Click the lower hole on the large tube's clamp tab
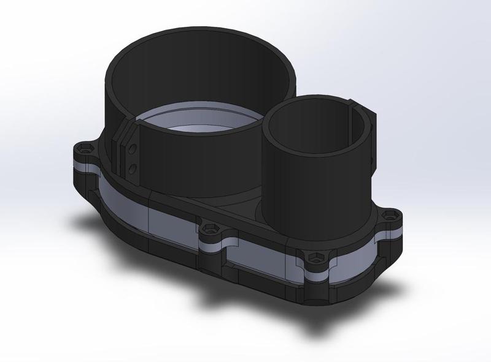[x=133, y=166]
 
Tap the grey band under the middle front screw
[x=212, y=244]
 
